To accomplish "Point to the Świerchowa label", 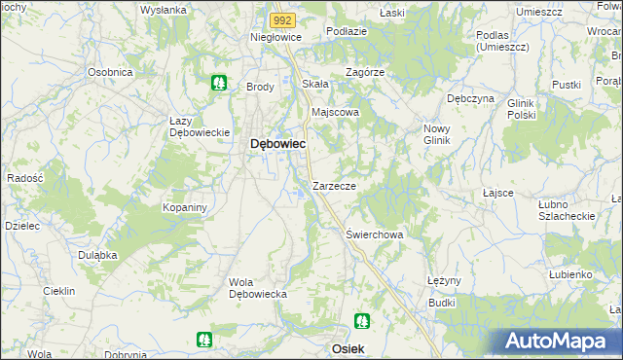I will pyautogui.click(x=375, y=234).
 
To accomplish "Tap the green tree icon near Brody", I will pyautogui.click(x=220, y=83).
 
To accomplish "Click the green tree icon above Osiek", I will pyautogui.click(x=362, y=319).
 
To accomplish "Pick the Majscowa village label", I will pyautogui.click(x=335, y=112).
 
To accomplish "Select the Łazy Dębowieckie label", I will pyautogui.click(x=199, y=126).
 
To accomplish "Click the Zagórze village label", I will pyautogui.click(x=366, y=72).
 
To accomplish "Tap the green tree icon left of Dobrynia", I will pyautogui.click(x=203, y=339).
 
